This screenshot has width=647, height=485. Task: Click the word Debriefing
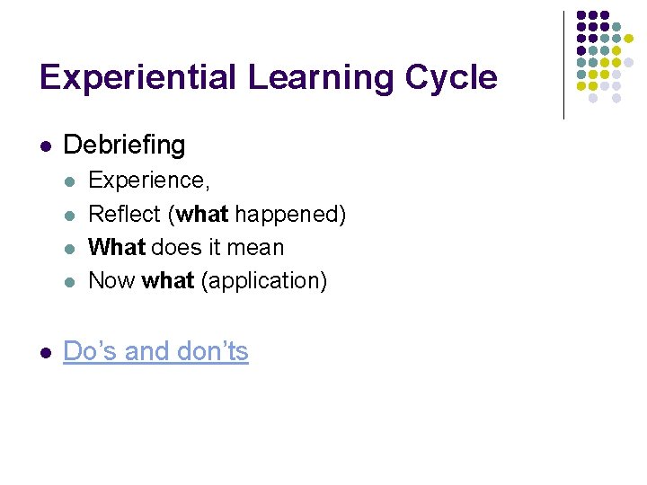click(125, 145)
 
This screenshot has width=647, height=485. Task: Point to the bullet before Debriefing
click(46, 145)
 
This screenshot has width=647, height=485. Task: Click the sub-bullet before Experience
click(71, 181)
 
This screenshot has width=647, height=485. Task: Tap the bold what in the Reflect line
click(203, 214)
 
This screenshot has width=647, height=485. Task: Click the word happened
click(286, 214)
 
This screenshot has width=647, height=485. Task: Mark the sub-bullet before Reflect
click(71, 215)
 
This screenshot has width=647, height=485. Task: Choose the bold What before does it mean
click(117, 247)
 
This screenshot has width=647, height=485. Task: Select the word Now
click(111, 280)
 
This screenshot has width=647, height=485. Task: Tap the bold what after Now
click(168, 280)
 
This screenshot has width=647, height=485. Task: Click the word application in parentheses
click(263, 280)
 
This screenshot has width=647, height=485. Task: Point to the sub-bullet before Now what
click(71, 281)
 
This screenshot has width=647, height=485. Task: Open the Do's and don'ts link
click(155, 351)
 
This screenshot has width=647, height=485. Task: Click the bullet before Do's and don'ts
click(46, 352)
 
